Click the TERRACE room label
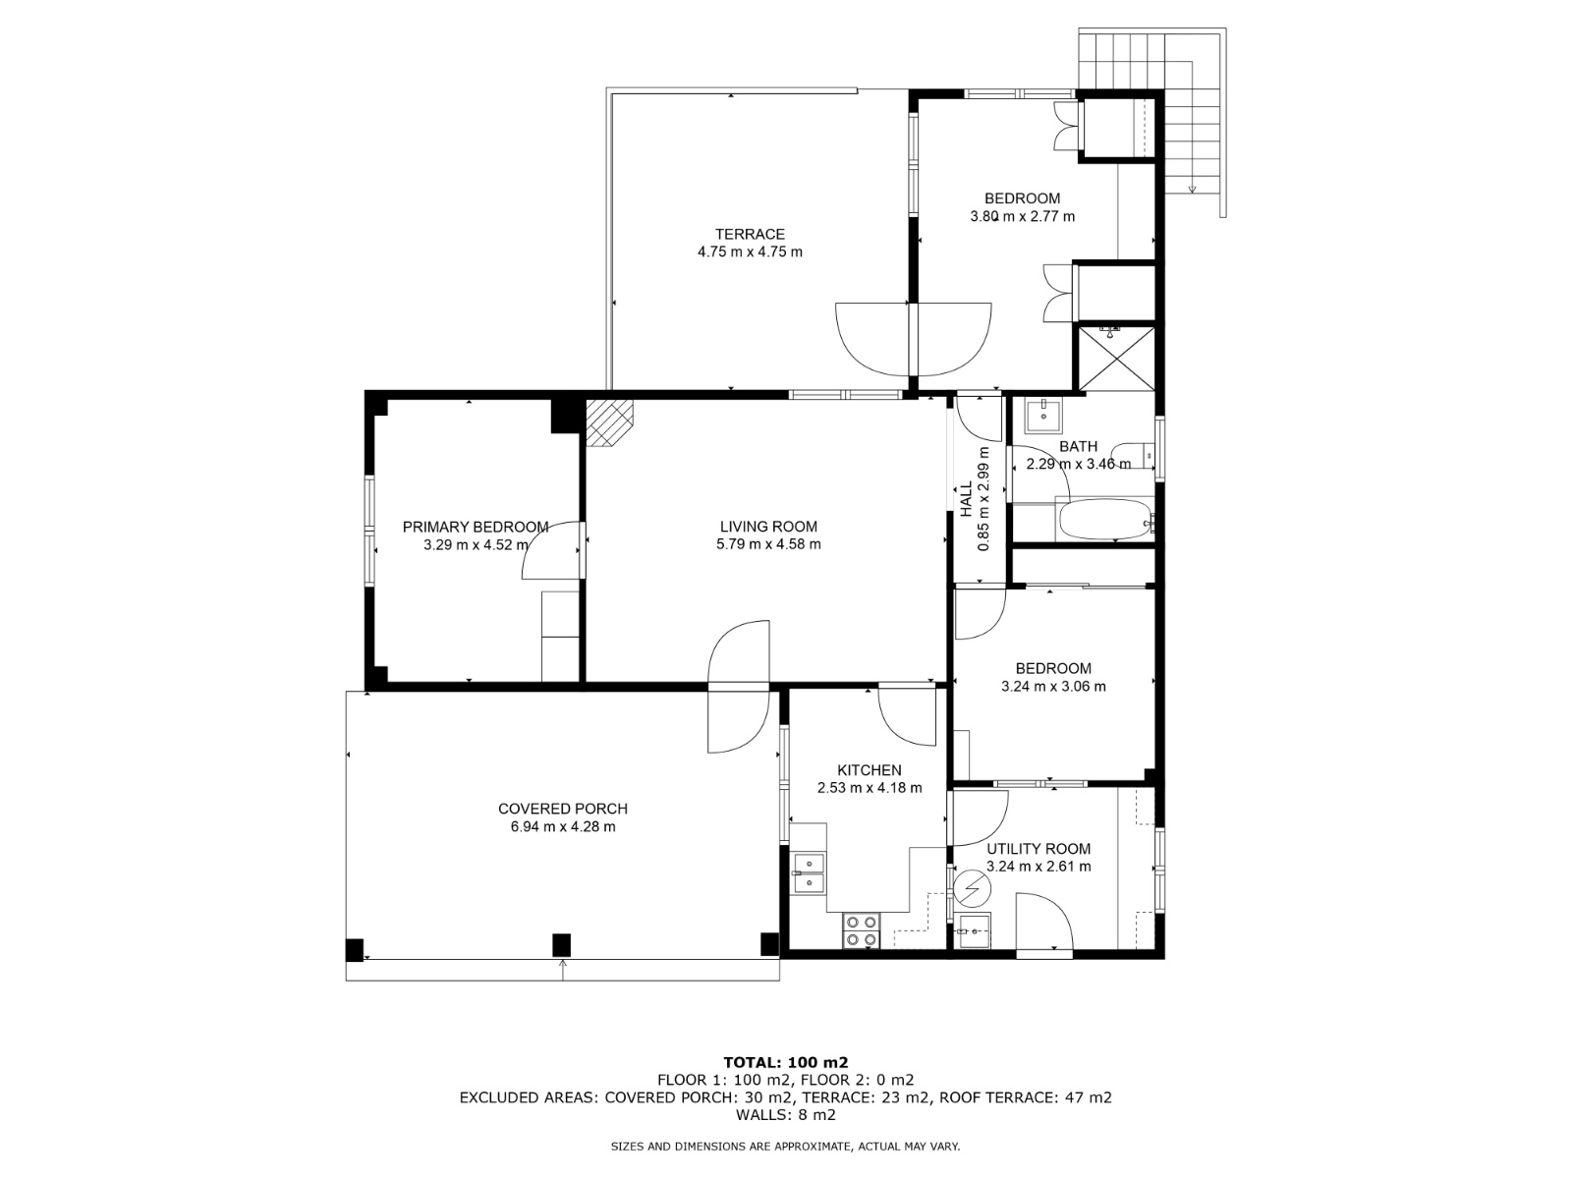click(x=749, y=234)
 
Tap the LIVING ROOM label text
click(x=768, y=527)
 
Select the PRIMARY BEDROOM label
click(x=476, y=527)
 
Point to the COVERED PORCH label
click(x=562, y=809)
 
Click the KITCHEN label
click(x=869, y=770)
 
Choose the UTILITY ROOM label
click(x=1039, y=849)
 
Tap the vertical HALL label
click(x=967, y=499)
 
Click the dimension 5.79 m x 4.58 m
click(x=768, y=544)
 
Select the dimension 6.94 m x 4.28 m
click(x=562, y=827)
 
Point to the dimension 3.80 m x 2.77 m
click(x=1022, y=216)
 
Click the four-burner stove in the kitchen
click(x=861, y=930)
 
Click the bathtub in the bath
click(x=1104, y=520)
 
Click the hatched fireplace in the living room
click(x=609, y=422)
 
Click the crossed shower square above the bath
click(x=1116, y=360)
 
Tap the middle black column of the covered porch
click(x=561, y=945)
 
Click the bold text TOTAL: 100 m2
click(x=786, y=1062)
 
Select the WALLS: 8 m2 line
click(x=786, y=1114)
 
